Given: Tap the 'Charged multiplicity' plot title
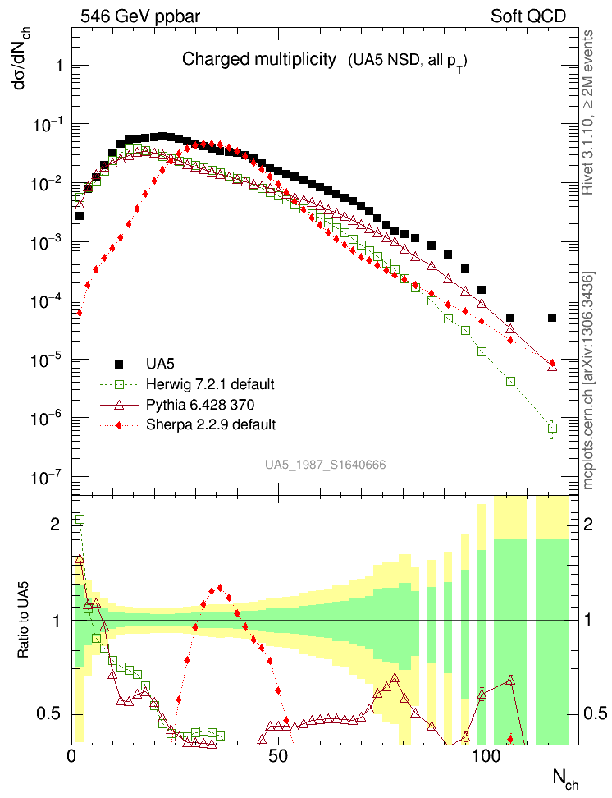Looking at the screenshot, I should pos(259,59).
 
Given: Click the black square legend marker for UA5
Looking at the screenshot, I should pos(119,364).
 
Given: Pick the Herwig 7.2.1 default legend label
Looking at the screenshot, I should pos(209,384).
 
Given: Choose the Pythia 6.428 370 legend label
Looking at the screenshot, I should pos(202,404).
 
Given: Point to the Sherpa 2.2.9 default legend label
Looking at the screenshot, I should pos(210,424).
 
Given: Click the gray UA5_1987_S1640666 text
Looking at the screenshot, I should pos(325,465).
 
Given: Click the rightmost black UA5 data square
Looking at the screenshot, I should pos(552,318).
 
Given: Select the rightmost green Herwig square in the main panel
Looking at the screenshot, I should pos(552,428).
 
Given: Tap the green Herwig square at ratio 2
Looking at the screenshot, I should pos(80,519).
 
